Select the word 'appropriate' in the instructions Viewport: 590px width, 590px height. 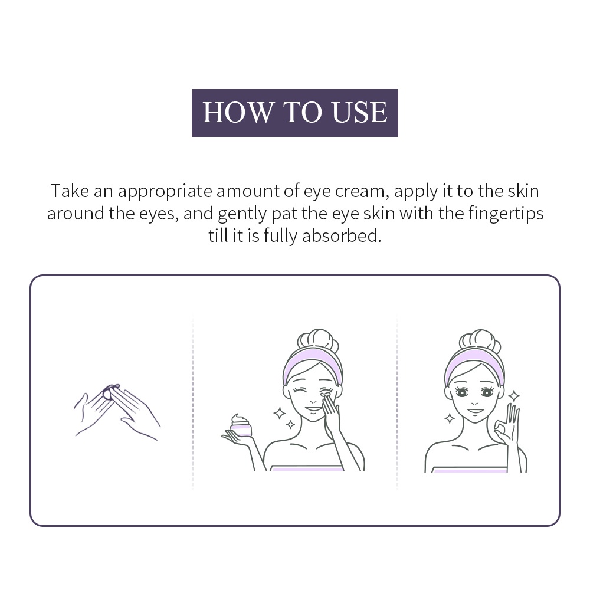pyautogui.click(x=165, y=191)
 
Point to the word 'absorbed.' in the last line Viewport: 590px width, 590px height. pyautogui.click(x=342, y=235)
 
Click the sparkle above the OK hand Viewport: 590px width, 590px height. pyautogui.click(x=514, y=395)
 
